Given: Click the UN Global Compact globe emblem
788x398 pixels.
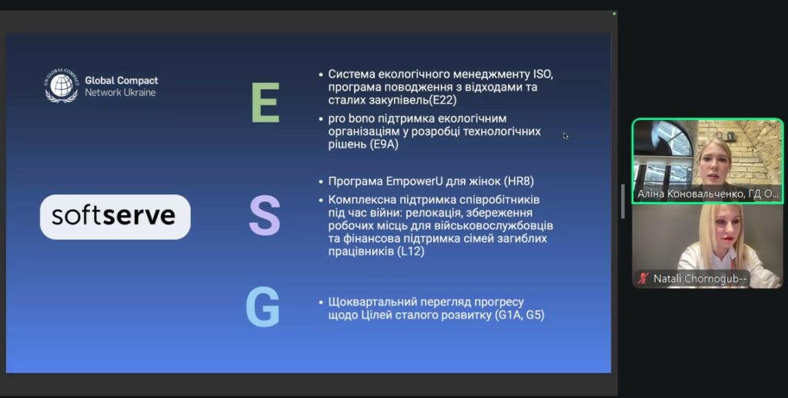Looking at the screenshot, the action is coord(62,85).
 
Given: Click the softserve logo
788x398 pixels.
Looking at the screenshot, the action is coord(115,217).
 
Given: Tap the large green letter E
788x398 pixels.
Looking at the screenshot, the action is coord(265,103).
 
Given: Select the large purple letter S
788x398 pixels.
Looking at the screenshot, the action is coord(265,216).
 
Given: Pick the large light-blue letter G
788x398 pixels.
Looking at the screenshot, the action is coord(262,307).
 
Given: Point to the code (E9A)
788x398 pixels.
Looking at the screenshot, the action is coord(383,144).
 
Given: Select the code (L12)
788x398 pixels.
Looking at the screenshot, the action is coord(411,251).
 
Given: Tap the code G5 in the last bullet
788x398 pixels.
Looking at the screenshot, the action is coord(535,316).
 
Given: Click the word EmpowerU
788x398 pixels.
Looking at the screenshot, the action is coord(414,181).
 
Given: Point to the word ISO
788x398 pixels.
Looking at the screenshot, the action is coord(543,75).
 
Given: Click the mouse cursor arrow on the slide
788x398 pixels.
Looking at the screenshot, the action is coord(566,135).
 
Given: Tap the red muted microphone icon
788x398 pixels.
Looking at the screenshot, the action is coord(643,278).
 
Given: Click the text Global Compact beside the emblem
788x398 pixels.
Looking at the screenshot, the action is coord(121,81).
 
